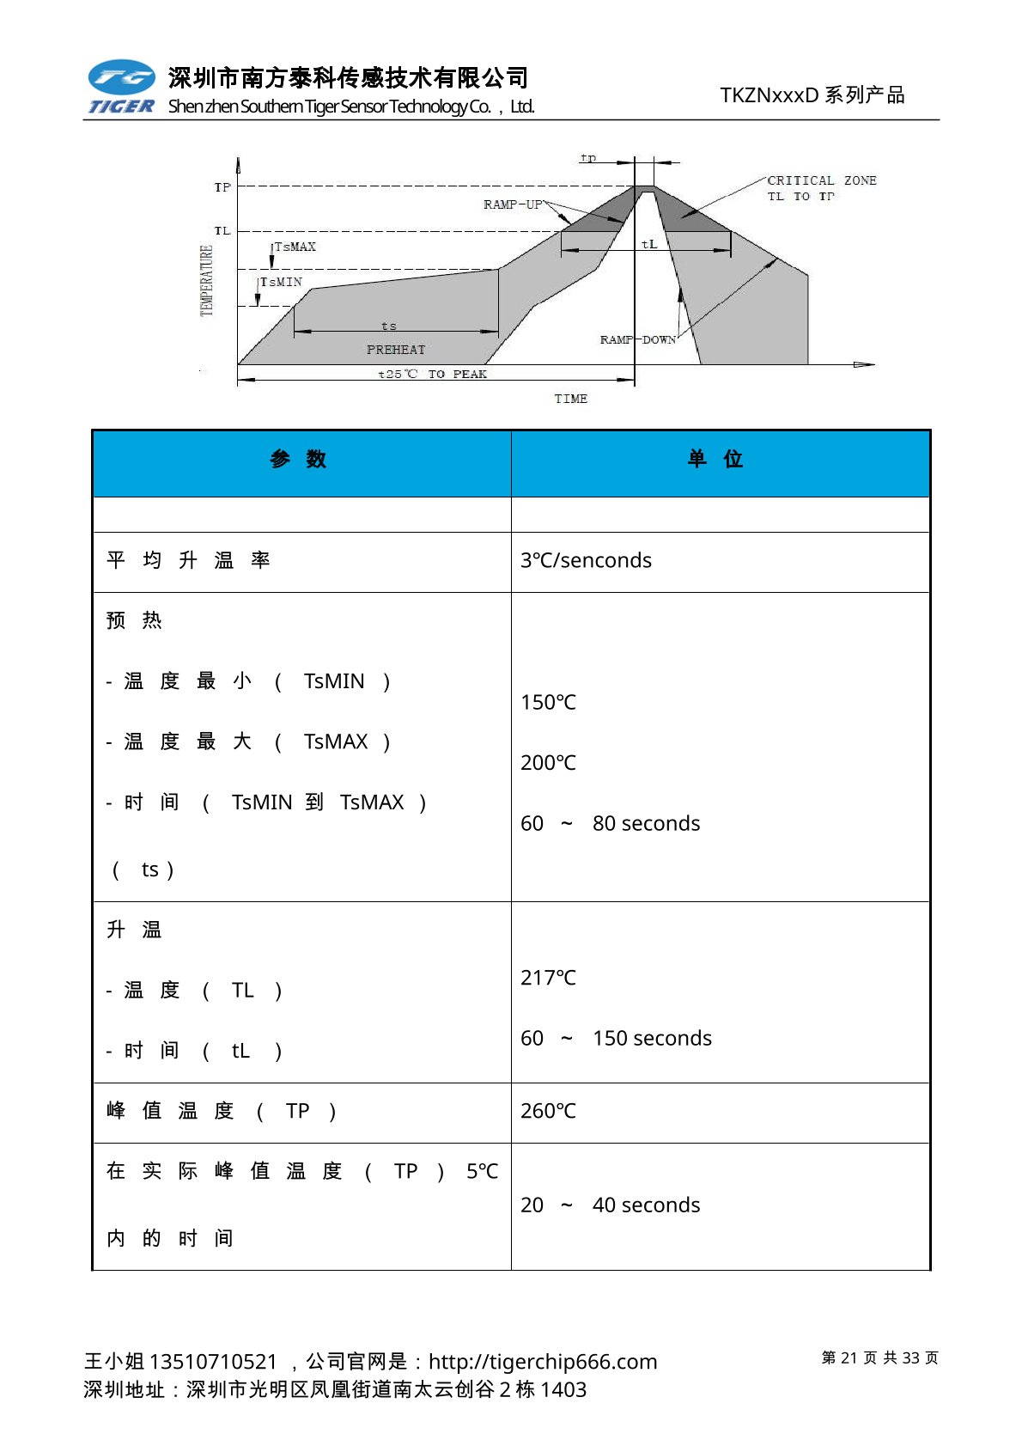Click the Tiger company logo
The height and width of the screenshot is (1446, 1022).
click(x=121, y=88)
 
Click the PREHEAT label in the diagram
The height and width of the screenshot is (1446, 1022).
click(x=396, y=350)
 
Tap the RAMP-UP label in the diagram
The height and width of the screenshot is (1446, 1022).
click(x=513, y=204)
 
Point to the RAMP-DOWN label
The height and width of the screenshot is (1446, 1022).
click(x=638, y=339)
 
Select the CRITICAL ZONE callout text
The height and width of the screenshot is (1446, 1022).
click(x=821, y=187)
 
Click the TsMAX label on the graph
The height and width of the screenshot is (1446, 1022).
click(x=295, y=247)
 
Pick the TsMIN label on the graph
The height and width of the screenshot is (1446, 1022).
click(x=282, y=282)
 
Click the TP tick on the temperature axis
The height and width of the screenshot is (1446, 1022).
click(x=222, y=187)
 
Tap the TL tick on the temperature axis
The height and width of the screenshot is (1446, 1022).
click(x=222, y=231)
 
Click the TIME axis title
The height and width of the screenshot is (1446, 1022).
click(x=570, y=399)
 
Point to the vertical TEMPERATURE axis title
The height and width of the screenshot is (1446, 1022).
click(x=206, y=280)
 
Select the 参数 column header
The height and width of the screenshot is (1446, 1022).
click(x=298, y=459)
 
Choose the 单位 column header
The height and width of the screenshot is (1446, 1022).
click(x=715, y=459)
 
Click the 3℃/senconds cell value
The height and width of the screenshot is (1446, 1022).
click(x=586, y=560)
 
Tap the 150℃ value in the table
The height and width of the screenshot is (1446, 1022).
click(x=548, y=703)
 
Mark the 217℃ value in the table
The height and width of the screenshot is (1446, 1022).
click(x=548, y=978)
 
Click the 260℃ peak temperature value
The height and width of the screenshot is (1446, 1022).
click(x=548, y=1111)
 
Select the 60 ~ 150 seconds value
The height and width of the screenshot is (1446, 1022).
click(x=616, y=1039)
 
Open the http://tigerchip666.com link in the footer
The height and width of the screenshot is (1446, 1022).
click(x=543, y=1362)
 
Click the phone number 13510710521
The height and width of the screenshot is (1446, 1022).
click(x=213, y=1362)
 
